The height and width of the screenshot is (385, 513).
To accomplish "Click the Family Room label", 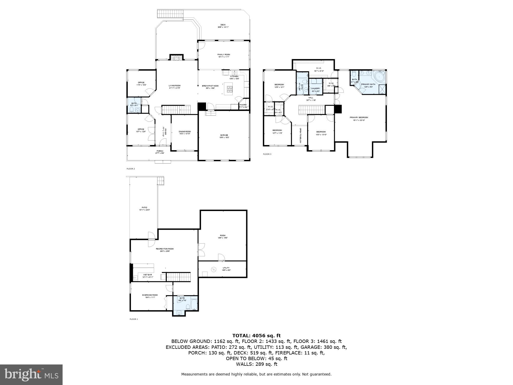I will tap(224, 55).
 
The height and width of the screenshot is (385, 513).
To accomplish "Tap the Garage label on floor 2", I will tap(224, 135).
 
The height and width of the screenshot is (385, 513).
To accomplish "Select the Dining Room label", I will tap(185, 131).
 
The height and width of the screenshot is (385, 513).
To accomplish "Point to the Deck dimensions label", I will tap(223, 27).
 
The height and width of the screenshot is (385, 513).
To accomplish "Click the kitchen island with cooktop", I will tap(229, 89).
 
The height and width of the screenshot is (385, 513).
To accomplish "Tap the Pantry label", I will tap(243, 105).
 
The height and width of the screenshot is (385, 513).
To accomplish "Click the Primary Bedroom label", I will tap(359, 118).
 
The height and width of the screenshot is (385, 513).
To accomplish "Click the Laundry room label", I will tap(315, 89).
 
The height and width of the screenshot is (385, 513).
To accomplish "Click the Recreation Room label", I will tap(165, 249).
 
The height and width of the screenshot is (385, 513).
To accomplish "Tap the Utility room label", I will tap(226, 268).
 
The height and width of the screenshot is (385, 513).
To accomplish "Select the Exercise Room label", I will tap(150, 295).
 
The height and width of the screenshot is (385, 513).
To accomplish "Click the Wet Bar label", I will tap(147, 275).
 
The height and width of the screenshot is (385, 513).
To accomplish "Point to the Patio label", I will tap(144, 207).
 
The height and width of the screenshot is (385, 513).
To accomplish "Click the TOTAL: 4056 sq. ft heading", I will tap(256, 335).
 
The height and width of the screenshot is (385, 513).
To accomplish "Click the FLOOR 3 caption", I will tap(267, 154).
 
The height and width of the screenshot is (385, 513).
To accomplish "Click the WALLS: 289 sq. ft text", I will tap(256, 364).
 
